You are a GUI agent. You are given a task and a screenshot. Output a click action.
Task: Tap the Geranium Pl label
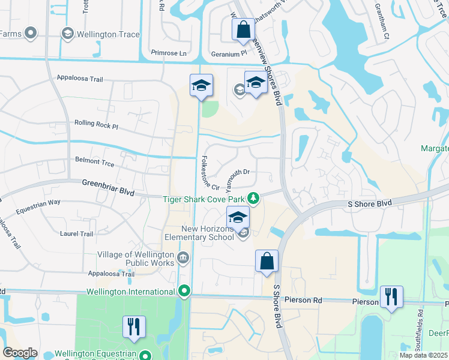[x=229, y=53]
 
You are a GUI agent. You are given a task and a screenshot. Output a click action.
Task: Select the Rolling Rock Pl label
[x=96, y=124]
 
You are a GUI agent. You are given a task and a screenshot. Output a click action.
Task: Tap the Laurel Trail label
[x=77, y=233]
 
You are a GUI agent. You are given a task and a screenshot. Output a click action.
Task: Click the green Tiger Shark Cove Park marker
[x=254, y=198]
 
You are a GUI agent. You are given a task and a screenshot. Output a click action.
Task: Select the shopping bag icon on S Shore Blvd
[x=267, y=262]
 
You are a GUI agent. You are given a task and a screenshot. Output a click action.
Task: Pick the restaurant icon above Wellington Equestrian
[x=134, y=327]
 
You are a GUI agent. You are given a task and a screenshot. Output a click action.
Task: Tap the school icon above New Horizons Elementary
[x=238, y=218]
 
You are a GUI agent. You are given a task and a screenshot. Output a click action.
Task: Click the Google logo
[x=20, y=353]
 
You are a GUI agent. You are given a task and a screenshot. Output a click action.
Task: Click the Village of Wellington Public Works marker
[x=183, y=259]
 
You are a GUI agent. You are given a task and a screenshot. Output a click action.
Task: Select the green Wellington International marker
[x=184, y=292]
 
